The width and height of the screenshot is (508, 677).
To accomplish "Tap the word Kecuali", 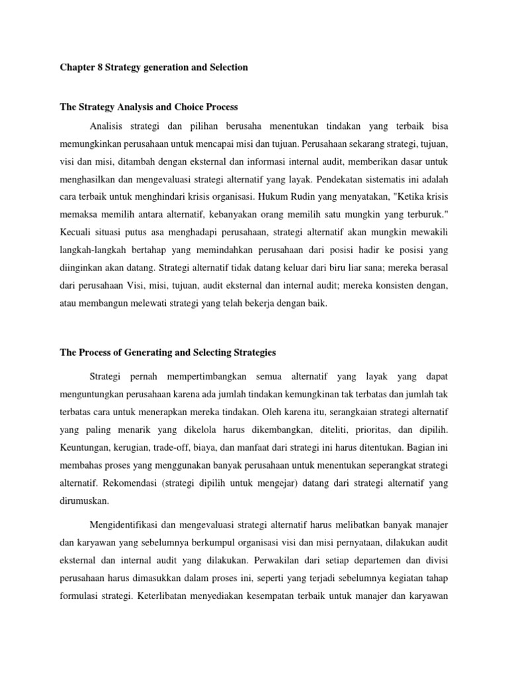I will [76, 233].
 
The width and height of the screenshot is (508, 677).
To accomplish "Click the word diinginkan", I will [83, 268].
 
